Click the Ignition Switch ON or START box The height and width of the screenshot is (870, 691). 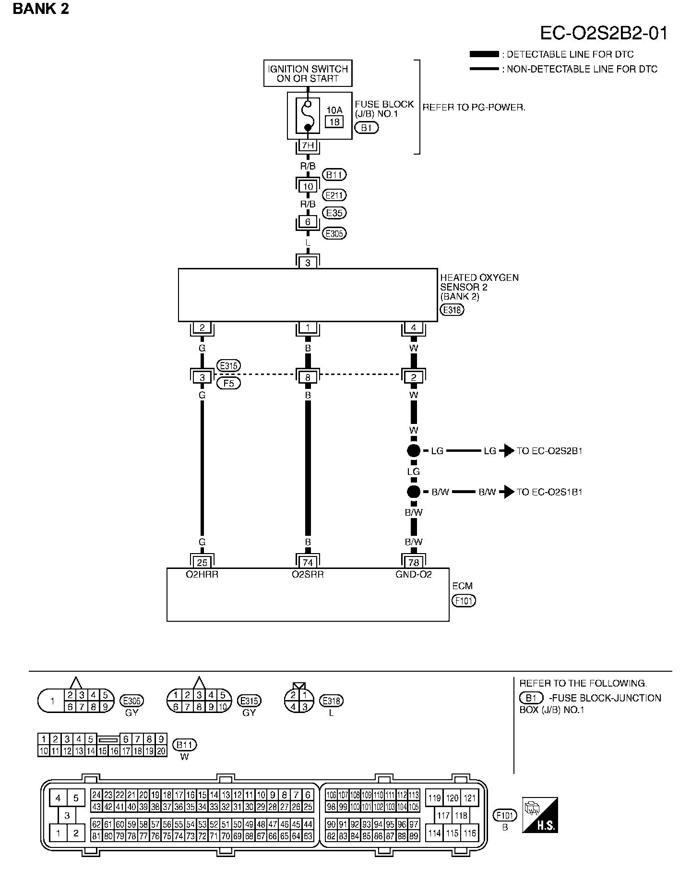308,73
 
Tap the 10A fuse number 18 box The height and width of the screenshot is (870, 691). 334,121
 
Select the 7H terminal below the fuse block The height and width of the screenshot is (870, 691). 308,145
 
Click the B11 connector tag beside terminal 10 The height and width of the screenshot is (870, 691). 334,175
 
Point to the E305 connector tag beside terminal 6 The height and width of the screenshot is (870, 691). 334,234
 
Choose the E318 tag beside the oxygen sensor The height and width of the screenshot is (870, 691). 452,310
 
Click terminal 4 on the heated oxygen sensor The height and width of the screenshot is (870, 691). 414,328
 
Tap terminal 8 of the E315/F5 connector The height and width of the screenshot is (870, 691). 308,377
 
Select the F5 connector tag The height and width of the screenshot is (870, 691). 228,384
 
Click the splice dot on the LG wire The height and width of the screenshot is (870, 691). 414,451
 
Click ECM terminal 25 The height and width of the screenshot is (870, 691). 202,562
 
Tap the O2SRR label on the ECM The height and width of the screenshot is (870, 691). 308,574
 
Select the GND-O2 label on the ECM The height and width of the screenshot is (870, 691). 414,574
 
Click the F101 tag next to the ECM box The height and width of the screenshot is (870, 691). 464,601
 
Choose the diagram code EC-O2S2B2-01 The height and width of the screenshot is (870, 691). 604,33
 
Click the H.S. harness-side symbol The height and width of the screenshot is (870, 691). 540,815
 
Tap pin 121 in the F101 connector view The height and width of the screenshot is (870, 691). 469,798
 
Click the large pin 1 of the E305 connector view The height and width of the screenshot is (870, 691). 52,701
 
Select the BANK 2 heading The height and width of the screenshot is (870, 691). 41,9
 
